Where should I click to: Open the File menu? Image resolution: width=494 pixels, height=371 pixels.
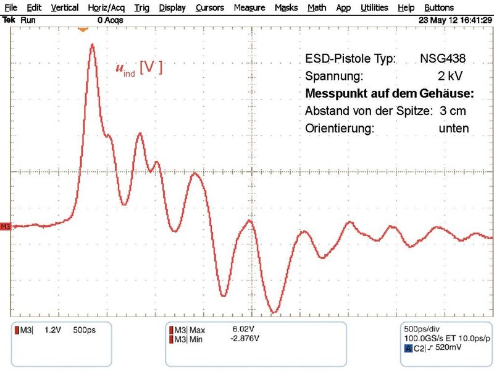click(10, 8)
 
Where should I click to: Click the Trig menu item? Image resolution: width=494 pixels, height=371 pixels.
click(141, 8)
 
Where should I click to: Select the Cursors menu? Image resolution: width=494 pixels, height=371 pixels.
click(210, 8)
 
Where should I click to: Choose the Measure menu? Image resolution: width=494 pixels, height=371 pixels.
click(249, 8)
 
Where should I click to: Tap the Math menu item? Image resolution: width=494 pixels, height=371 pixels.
click(317, 8)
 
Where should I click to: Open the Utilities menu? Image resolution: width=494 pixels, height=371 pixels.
click(375, 8)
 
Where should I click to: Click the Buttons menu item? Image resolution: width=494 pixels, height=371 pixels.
click(439, 8)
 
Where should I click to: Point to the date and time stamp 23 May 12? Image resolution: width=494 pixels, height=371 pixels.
click(454, 20)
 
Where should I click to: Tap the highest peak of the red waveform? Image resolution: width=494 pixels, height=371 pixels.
click(93, 45)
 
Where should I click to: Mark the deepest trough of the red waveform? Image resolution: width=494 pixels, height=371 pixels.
click(274, 311)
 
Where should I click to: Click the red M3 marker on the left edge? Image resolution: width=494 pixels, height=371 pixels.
click(6, 227)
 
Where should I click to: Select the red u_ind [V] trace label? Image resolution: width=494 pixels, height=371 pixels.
click(139, 68)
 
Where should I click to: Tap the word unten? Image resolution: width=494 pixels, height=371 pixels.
click(454, 129)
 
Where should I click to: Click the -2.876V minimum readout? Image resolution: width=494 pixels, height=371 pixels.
click(246, 338)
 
